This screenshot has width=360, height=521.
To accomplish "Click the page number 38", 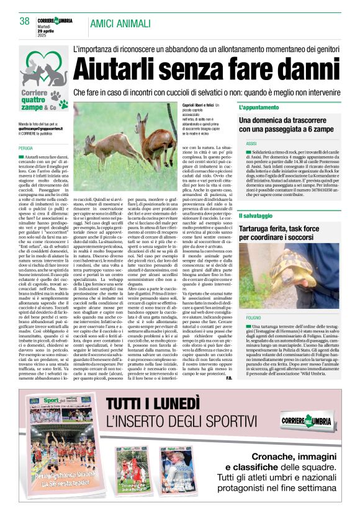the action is [x=24, y=21].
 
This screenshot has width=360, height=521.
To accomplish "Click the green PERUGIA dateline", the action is [x=26, y=149].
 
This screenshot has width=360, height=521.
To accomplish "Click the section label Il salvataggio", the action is [x=272, y=215].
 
